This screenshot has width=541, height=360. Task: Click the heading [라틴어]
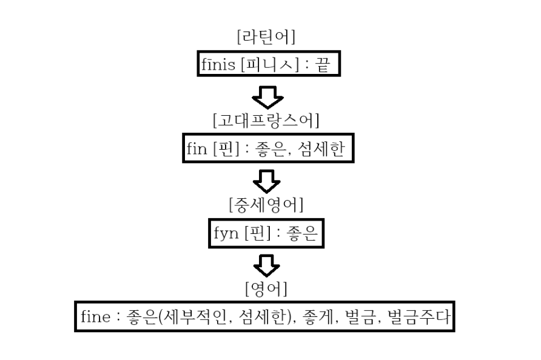tap(266, 38)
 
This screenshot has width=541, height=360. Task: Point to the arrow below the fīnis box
tap(267, 95)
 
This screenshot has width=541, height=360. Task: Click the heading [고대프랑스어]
tap(266, 121)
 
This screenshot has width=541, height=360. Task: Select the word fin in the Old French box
tap(197, 148)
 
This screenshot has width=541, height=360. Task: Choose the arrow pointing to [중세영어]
tap(267, 179)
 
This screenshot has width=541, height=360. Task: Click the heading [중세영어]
tap(266, 205)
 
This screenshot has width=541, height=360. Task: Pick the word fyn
tap(224, 233)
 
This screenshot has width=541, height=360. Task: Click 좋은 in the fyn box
tap(302, 233)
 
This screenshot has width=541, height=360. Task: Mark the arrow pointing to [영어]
tap(267, 263)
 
